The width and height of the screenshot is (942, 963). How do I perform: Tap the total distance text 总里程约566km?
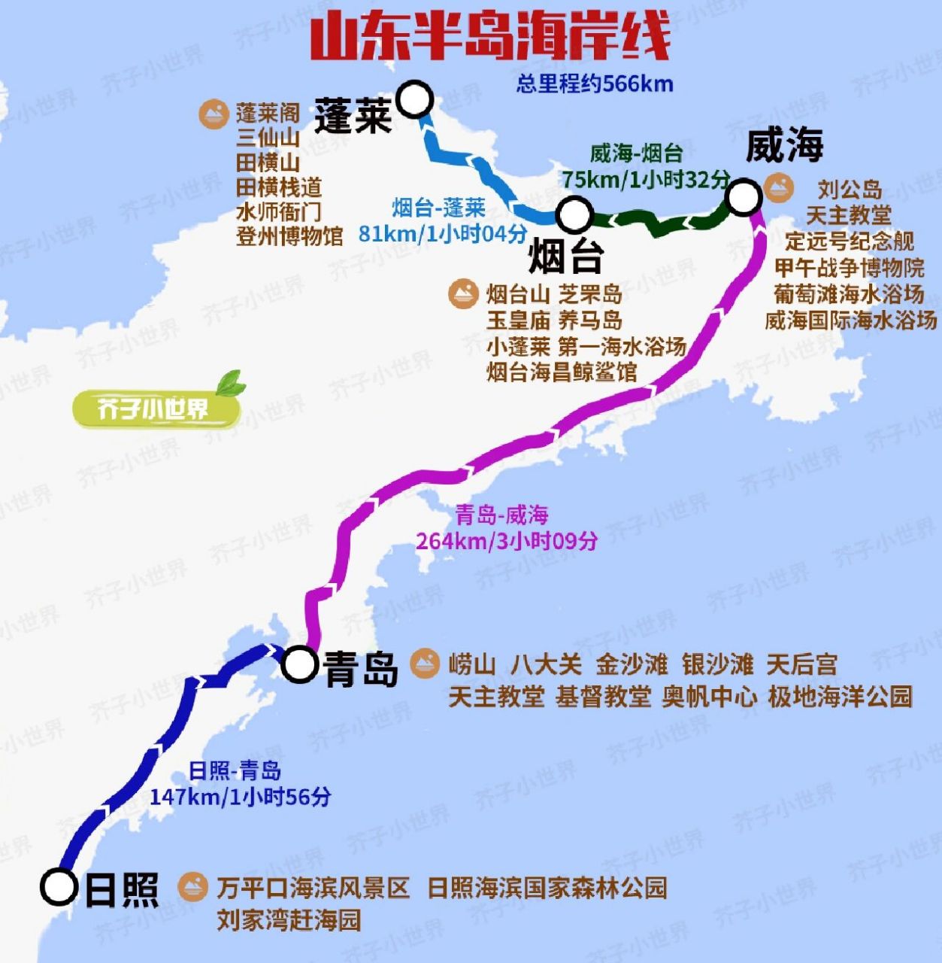tap(594, 84)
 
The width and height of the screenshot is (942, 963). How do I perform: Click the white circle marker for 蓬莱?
tap(414, 99)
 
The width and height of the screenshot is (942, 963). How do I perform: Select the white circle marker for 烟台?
tap(574, 214)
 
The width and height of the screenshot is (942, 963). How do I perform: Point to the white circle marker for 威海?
tap(744, 197)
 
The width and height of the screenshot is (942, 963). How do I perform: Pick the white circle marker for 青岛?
tap(299, 664)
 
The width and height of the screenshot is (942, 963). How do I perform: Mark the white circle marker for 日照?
tap(59, 887)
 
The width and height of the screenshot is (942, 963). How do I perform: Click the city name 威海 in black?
tap(784, 146)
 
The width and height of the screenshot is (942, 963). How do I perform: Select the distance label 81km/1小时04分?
tap(442, 234)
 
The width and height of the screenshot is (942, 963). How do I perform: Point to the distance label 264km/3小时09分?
tap(507, 541)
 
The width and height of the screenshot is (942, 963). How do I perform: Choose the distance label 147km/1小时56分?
tap(240, 797)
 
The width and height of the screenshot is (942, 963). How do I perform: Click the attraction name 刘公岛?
tap(850, 190)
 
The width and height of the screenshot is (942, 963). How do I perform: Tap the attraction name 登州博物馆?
tap(289, 236)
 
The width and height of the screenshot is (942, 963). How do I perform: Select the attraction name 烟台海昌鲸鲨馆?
tap(562, 372)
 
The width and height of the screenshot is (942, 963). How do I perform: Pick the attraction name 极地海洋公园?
tap(840, 697)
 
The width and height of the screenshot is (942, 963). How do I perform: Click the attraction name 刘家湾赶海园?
tap(289, 919)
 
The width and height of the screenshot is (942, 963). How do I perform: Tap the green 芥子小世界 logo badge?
tap(156, 408)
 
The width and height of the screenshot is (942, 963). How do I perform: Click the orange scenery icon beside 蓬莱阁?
tap(214, 114)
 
